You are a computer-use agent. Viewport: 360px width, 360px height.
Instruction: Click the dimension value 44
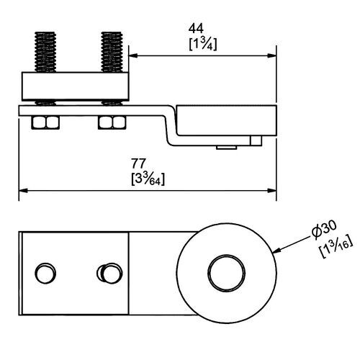(195, 28)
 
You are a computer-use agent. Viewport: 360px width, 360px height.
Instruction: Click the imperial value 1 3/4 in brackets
(204, 45)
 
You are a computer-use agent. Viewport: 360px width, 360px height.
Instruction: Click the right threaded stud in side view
(111, 51)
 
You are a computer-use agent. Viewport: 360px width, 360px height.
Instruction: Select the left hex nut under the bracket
(46, 122)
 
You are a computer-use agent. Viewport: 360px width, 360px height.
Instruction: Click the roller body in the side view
(227, 122)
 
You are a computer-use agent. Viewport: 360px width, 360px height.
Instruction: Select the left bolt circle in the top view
(45, 274)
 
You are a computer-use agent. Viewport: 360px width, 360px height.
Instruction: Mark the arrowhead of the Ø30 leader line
(276, 251)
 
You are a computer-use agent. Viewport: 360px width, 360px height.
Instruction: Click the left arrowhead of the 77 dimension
(22, 191)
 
